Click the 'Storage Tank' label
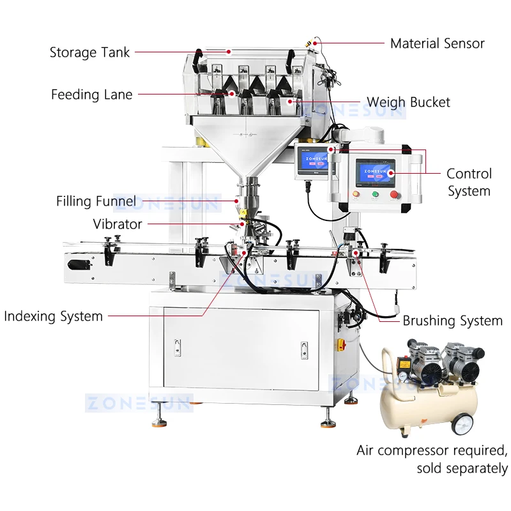(x=89, y=52)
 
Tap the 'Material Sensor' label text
(x=438, y=43)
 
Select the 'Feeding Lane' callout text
(x=92, y=95)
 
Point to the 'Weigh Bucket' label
(x=408, y=102)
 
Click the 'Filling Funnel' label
(x=96, y=202)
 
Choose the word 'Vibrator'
(x=118, y=224)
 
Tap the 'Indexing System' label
(x=53, y=316)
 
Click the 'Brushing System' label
(x=452, y=321)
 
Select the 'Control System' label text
(x=469, y=182)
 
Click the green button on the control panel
(x=375, y=194)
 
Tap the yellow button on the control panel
(x=358, y=194)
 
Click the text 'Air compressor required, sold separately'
(x=432, y=459)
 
